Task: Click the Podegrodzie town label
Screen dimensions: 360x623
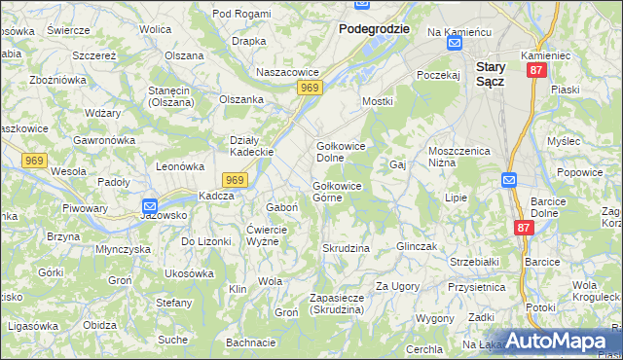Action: tap(374, 29)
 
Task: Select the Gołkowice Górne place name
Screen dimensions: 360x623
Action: tap(337, 193)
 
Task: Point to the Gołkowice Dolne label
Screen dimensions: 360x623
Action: tap(337, 152)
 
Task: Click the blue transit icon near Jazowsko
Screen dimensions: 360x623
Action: tap(149, 206)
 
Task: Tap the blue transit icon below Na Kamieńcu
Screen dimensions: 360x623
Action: tap(454, 44)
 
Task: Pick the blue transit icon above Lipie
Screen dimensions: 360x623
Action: tap(509, 179)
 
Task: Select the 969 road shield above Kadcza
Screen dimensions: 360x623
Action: tap(235, 180)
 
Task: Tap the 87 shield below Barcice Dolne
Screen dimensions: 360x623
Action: tap(523, 226)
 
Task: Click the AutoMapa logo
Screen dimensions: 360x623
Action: tap(555, 341)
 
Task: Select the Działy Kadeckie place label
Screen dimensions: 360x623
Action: tap(250, 146)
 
